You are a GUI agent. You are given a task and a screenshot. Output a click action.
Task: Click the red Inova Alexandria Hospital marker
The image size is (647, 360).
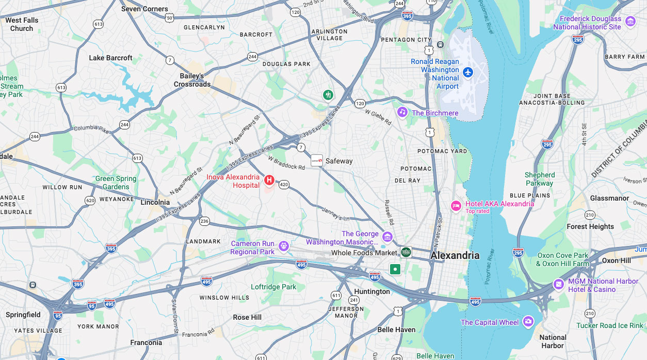269,180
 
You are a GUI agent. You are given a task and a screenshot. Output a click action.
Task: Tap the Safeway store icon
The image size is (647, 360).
317,160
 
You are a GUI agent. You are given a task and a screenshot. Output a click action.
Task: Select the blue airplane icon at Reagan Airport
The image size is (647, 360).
468,72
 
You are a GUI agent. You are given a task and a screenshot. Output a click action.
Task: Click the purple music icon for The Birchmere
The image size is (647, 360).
402,112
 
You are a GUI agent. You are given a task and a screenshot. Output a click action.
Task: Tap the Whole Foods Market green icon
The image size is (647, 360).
407,252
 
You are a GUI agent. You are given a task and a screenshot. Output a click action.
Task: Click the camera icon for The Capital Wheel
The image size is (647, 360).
528,322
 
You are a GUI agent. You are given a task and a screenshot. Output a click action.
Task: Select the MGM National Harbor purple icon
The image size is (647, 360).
559,284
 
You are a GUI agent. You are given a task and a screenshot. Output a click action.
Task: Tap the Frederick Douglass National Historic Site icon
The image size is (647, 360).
630,22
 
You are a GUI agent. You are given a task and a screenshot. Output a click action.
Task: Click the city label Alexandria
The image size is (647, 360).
455,255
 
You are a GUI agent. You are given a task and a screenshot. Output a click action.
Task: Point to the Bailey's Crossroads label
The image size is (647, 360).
192,80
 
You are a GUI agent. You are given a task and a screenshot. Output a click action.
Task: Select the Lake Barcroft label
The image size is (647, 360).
110,58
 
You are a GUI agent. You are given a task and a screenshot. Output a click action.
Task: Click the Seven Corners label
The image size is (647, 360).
144,9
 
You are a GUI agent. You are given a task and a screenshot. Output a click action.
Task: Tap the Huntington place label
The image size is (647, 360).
372,291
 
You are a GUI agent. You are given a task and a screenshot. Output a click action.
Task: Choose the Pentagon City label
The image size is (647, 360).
406,40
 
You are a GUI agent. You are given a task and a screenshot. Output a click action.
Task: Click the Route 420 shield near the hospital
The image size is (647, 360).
284,184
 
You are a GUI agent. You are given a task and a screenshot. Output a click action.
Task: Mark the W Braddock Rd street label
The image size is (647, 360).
286,163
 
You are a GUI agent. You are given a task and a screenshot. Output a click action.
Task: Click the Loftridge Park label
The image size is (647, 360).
273,287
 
